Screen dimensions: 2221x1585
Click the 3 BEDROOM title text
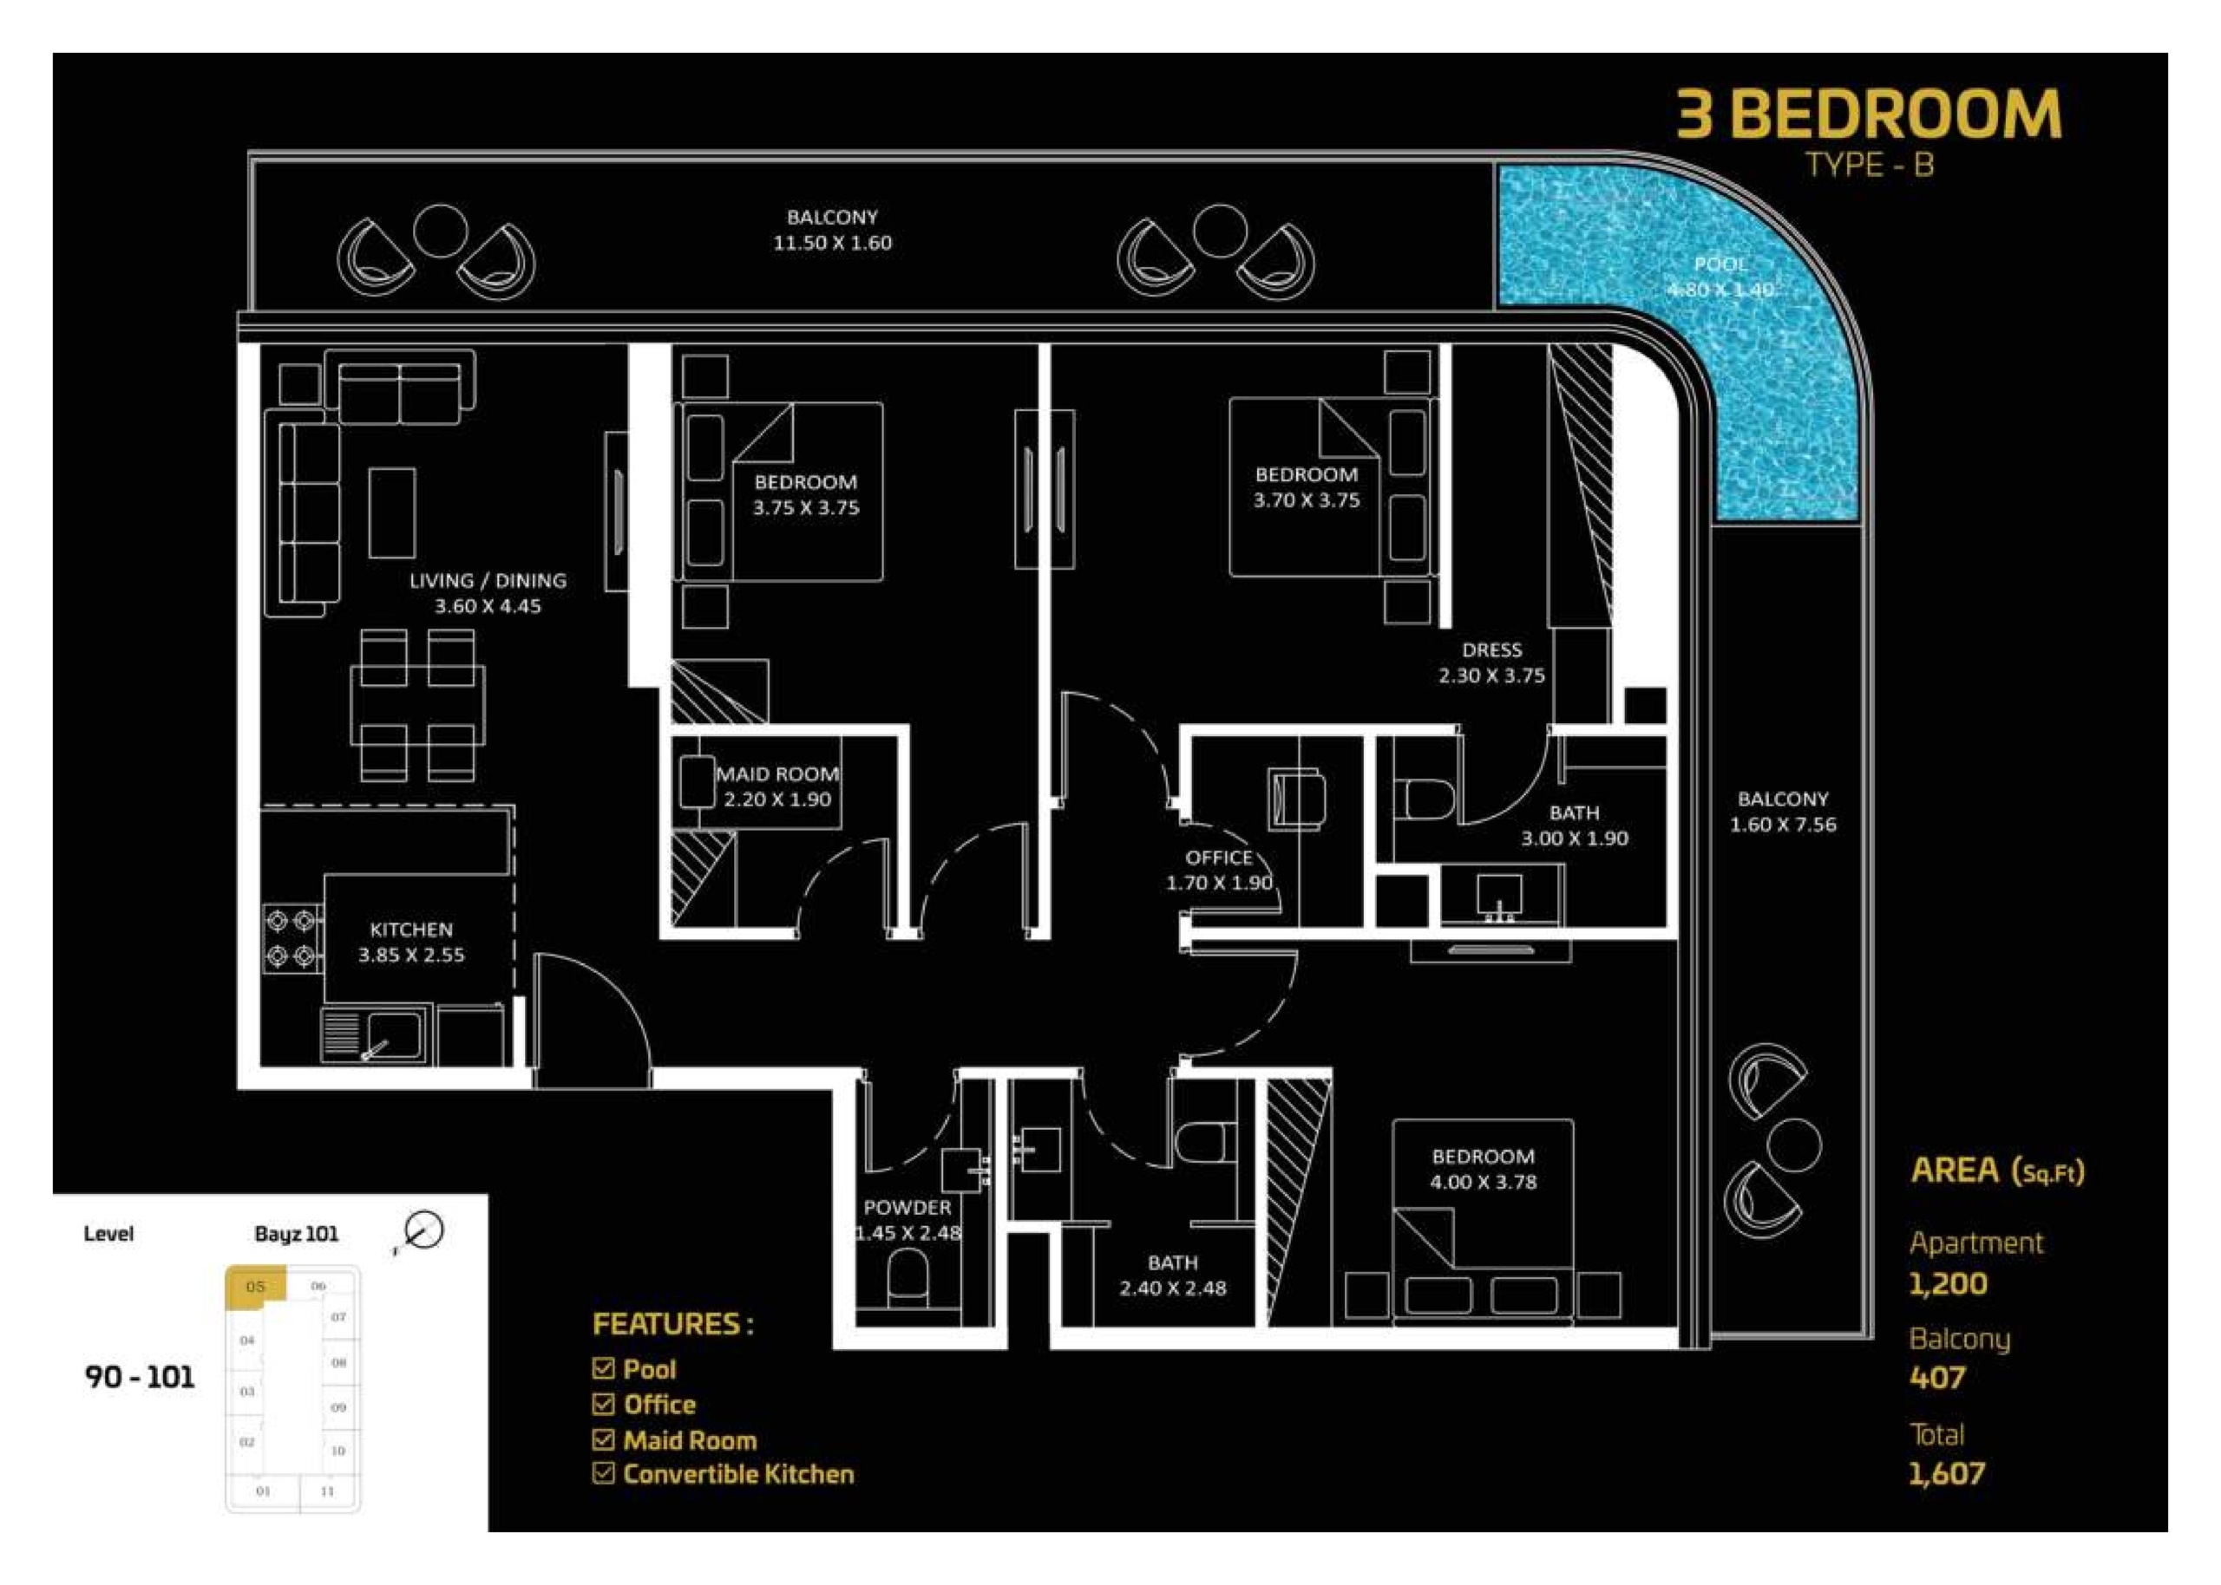pos(1869,114)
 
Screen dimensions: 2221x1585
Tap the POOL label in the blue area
pos(1720,264)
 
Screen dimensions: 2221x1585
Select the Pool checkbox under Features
pos(603,1368)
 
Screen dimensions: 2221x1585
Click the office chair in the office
pos(1295,800)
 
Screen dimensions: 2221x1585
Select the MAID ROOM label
pos(777,774)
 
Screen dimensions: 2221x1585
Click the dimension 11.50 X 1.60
pos(832,243)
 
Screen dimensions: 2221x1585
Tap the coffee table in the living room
pos(391,513)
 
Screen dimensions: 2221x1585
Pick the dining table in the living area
pos(418,705)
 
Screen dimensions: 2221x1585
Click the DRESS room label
pos(1491,650)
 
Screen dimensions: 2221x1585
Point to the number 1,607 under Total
pos(1947,1473)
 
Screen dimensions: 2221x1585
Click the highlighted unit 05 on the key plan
pos(256,1284)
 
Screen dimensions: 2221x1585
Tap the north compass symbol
pos(422,1233)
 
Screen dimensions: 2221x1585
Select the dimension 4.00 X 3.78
pos(1483,1182)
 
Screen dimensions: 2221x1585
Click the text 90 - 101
pos(140,1377)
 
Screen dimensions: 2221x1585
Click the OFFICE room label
pos(1218,858)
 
